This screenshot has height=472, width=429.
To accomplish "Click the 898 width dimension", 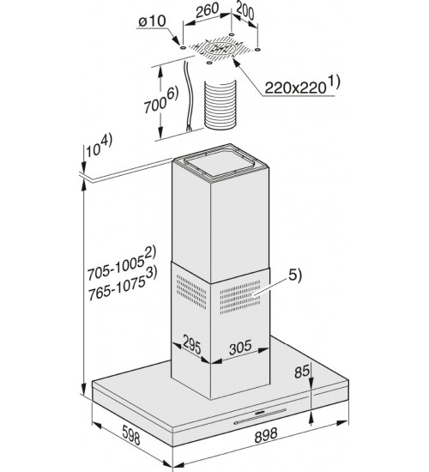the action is click(x=266, y=435).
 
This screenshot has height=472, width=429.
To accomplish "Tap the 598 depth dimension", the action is click(x=131, y=434).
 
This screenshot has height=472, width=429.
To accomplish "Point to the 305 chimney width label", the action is click(x=240, y=347).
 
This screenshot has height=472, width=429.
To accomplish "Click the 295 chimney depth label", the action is click(x=191, y=344).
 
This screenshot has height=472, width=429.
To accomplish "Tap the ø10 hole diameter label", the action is click(x=152, y=21).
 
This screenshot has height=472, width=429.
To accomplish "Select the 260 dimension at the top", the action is click(x=207, y=11).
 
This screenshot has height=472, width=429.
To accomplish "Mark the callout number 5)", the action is click(x=295, y=275).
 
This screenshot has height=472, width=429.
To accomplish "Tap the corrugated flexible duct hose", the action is click(x=220, y=105).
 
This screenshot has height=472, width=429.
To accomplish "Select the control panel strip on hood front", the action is click(x=260, y=415).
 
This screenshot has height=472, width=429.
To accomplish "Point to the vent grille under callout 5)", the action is click(x=240, y=298).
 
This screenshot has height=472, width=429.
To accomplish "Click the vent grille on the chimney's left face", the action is click(x=191, y=292).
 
